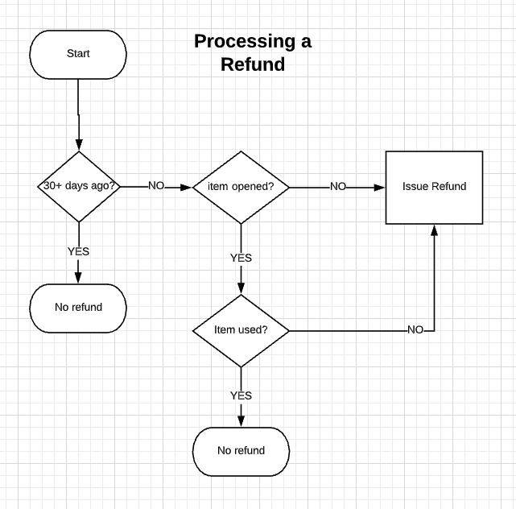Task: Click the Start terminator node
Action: tap(78, 54)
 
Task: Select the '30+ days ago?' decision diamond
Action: tap(79, 186)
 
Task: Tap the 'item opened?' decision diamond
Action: tap(241, 187)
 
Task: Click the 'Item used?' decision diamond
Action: tap(241, 330)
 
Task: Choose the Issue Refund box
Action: tap(434, 187)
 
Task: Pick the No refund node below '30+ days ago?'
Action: tap(78, 307)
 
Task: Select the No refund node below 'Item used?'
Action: tap(241, 450)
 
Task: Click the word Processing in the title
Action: tap(241, 41)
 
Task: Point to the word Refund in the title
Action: tap(253, 64)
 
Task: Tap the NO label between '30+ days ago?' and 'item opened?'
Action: tap(155, 186)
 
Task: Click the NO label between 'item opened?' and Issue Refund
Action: tap(338, 186)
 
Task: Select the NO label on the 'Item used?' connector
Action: tap(415, 329)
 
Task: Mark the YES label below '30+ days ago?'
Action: tap(78, 251)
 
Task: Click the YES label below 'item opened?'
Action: tap(241, 258)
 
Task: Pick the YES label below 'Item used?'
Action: tap(241, 395)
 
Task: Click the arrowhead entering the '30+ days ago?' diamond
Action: tap(79, 146)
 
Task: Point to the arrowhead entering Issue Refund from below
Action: tap(435, 230)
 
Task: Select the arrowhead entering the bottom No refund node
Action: tap(241, 422)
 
